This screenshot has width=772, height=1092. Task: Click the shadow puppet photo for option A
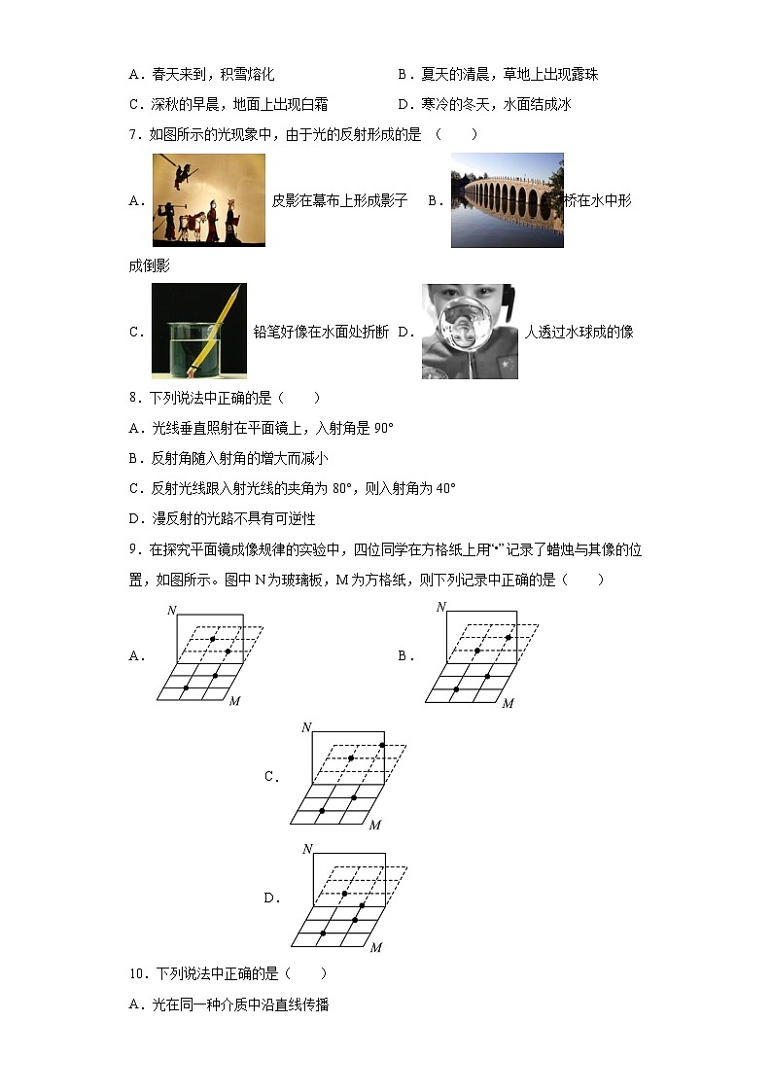[x=208, y=200]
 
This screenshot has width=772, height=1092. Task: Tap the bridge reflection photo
[x=507, y=200]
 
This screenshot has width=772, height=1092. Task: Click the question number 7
[x=133, y=135]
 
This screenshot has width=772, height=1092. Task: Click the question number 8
[x=133, y=398]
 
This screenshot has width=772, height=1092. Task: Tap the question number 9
[x=133, y=550]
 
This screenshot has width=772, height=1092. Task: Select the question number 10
[x=137, y=973]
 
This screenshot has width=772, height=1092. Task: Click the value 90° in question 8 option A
[x=383, y=428]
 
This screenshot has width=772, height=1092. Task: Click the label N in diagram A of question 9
[x=171, y=610]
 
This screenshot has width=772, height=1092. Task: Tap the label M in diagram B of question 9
[x=508, y=703]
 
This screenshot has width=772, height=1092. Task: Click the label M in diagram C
[x=375, y=825]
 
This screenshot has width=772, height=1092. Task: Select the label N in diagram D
[x=307, y=849]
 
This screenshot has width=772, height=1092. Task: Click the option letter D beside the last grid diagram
[x=272, y=898]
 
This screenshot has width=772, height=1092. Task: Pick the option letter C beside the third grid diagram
[x=272, y=777]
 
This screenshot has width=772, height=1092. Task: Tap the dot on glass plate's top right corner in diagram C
[x=382, y=746]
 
